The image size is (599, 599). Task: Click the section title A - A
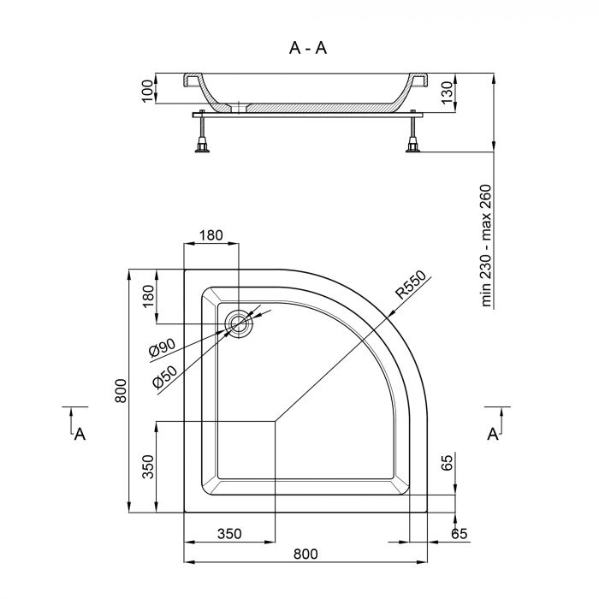[x=308, y=48]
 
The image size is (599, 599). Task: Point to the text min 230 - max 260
[x=487, y=246]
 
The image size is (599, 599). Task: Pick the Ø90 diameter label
[x=162, y=350]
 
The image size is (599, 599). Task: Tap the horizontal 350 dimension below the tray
[x=229, y=534]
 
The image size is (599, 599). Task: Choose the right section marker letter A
[x=493, y=435]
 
